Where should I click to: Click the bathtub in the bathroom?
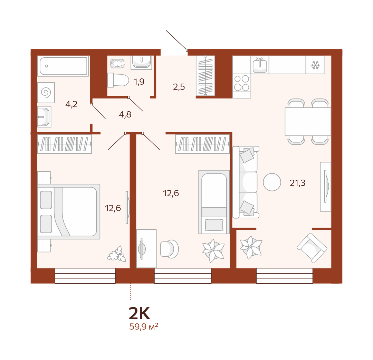(x=63, y=66)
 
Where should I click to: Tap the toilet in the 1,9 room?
(x=118, y=80)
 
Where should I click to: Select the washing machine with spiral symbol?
(x=46, y=93)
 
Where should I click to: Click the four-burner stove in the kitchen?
(x=241, y=83)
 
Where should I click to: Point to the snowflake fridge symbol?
(x=315, y=65)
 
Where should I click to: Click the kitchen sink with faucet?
(x=260, y=65)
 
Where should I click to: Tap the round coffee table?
(x=272, y=182)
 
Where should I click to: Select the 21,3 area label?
(x=297, y=183)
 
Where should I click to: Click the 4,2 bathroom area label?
(x=71, y=104)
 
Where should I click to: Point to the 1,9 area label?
(x=139, y=82)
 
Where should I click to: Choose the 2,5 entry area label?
(x=179, y=87)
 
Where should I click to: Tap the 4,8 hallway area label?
(x=125, y=114)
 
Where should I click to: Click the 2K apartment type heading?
(x=140, y=313)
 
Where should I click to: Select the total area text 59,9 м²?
(x=143, y=326)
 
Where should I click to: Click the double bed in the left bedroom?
(x=68, y=211)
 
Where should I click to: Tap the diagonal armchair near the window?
(x=312, y=248)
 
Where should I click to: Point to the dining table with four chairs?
(x=308, y=122)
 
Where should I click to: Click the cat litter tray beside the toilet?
(x=118, y=63)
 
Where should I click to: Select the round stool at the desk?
(x=169, y=249)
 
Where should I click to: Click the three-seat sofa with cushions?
(x=246, y=182)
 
